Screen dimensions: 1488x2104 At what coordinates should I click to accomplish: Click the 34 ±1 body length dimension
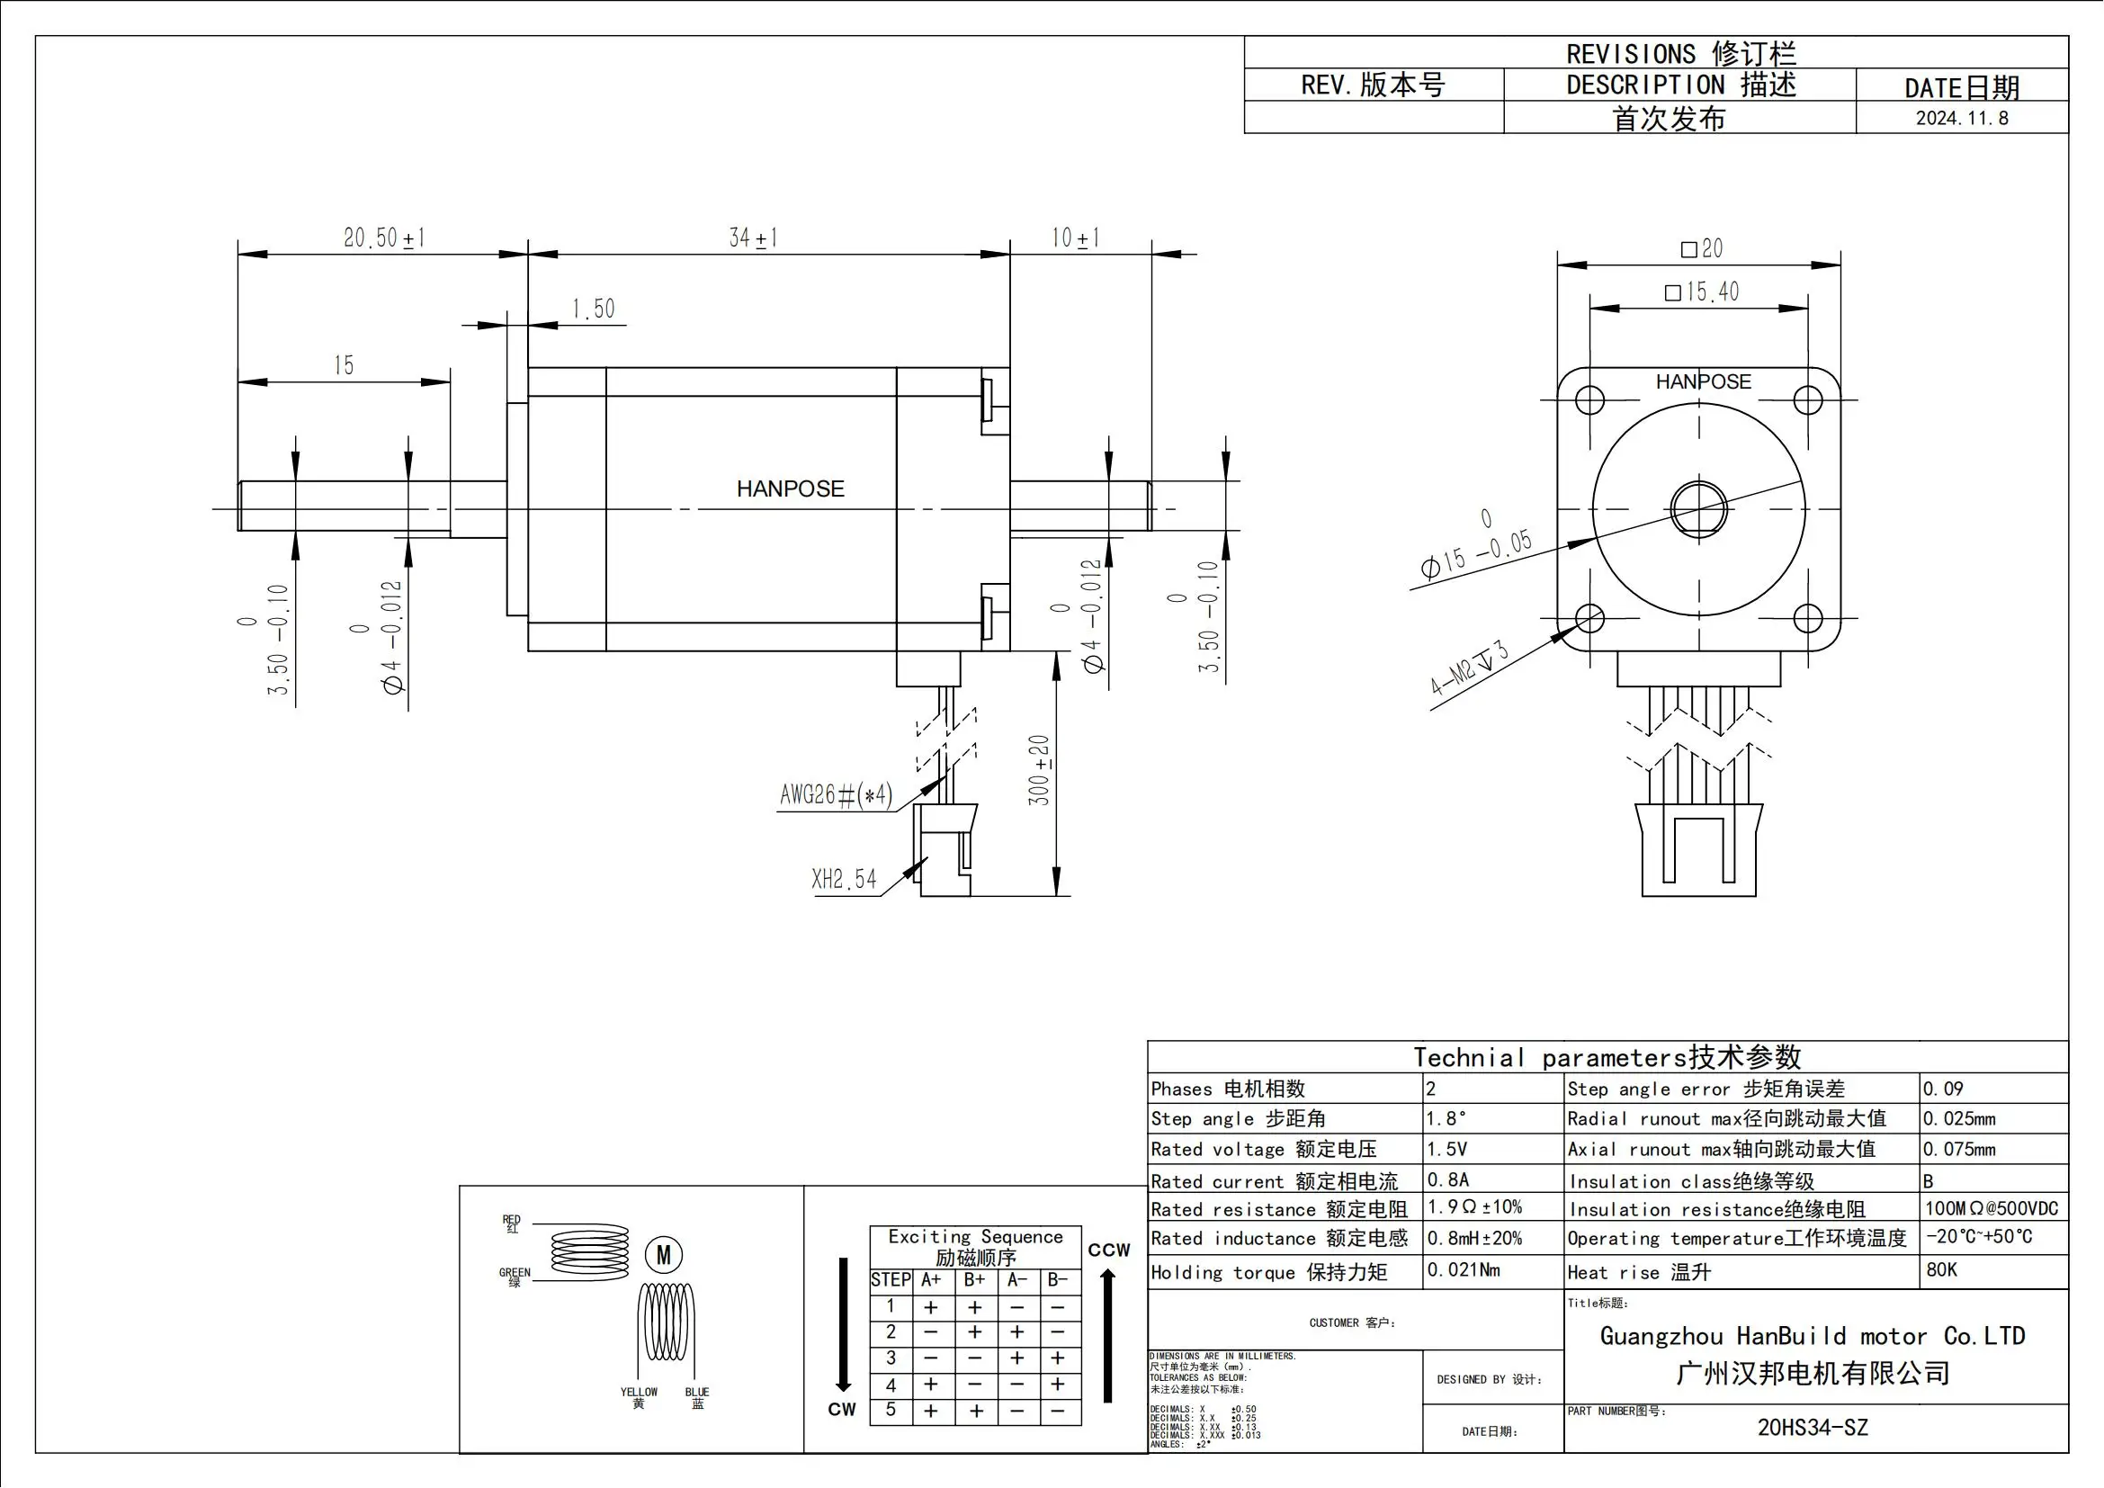click(753, 238)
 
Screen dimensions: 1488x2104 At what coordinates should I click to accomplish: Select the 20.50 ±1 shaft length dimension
click(384, 238)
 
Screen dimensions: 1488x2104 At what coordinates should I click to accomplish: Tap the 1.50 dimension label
click(593, 309)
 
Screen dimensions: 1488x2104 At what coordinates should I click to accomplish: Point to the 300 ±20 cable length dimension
click(1039, 770)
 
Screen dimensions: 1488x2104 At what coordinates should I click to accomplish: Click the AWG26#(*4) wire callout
click(836, 794)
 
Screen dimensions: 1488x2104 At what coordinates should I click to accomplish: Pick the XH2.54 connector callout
click(844, 880)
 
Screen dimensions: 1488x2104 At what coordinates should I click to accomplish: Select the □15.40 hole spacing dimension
click(1702, 292)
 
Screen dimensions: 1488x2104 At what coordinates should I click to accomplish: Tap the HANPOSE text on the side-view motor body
click(790, 489)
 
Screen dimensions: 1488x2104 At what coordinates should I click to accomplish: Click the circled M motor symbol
click(664, 1255)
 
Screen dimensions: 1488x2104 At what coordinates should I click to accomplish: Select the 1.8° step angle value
click(1446, 1119)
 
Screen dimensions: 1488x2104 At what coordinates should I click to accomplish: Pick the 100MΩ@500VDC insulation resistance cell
click(1992, 1208)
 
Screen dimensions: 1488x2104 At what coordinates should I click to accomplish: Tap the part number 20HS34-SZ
click(1813, 1427)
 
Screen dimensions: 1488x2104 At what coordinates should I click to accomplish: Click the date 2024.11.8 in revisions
click(1961, 118)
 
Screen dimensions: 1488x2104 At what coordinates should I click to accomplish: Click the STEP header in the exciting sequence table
click(891, 1280)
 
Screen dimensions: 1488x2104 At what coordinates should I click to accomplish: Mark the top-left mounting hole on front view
click(1589, 400)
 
